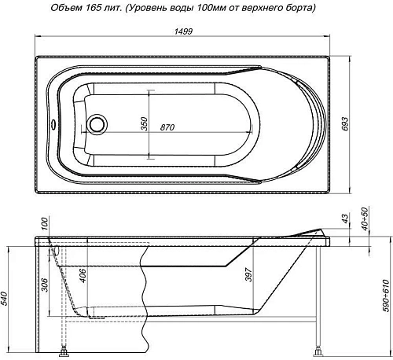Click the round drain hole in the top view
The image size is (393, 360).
pos(97,124)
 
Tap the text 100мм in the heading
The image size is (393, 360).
pos(225,8)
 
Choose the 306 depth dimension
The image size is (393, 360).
pos(46,285)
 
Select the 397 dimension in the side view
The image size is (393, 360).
pos(247,275)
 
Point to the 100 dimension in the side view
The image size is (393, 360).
pos(45,225)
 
